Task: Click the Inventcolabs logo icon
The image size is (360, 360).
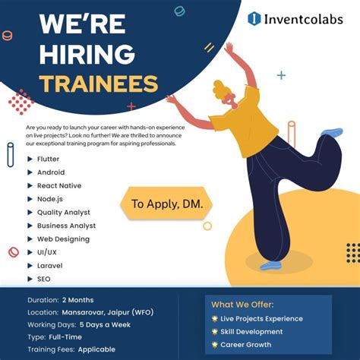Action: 254,18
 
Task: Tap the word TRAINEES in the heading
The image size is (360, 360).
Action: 99,84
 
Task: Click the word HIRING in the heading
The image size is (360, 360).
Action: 87,55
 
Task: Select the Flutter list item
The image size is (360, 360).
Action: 48,159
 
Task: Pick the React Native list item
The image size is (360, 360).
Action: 58,185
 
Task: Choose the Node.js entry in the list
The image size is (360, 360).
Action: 50,199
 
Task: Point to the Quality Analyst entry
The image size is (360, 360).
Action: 63,213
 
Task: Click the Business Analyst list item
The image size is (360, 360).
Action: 66,226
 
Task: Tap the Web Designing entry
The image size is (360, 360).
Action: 63,239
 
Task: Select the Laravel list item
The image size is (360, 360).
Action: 49,266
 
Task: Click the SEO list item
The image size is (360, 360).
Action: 45,279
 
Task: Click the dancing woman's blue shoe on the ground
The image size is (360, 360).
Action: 270,266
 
